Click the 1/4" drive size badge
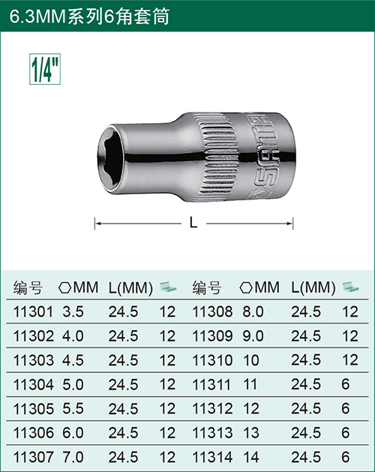coord(45,69)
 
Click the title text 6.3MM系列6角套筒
coord(90,17)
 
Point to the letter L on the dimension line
coord(193,223)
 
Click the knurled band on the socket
coord(219,157)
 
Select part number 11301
coord(33,312)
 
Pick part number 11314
coord(212,457)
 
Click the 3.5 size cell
coord(73,312)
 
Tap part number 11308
coord(212,312)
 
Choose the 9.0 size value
coord(253,336)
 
